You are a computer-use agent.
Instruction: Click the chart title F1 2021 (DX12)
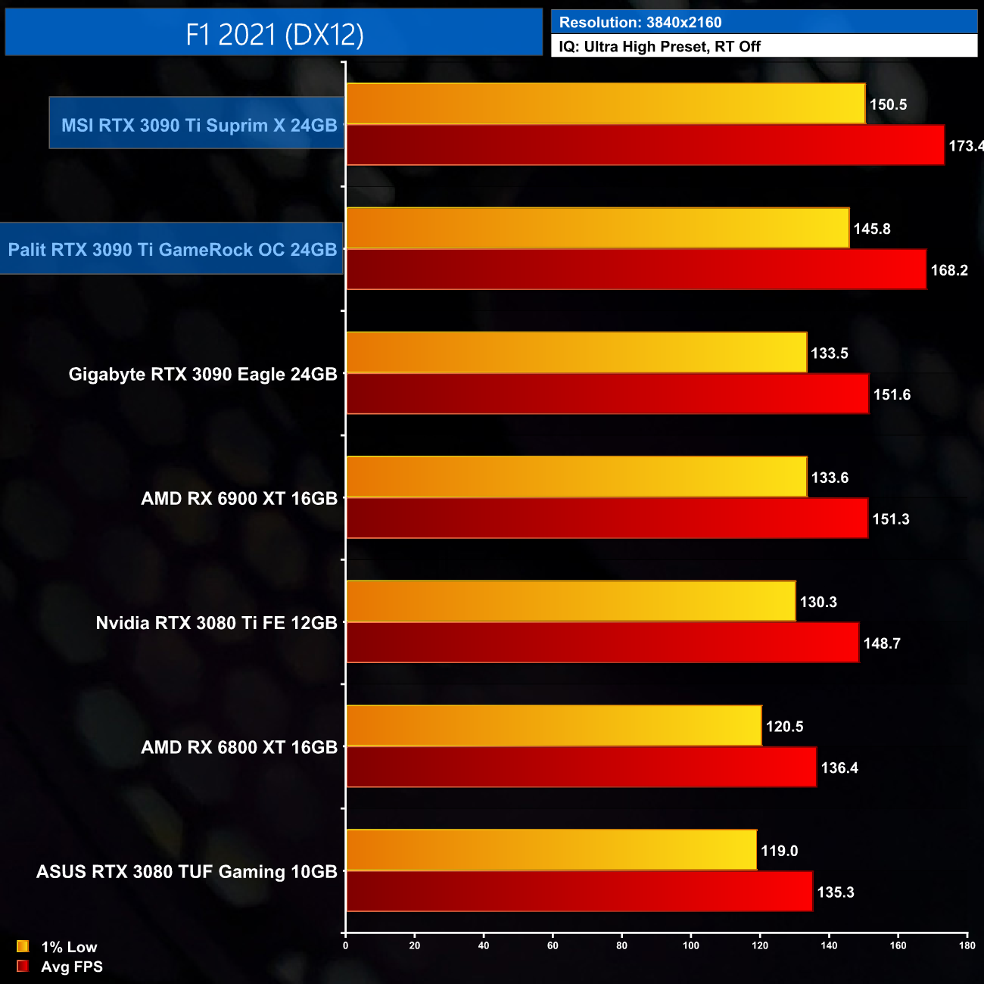274,35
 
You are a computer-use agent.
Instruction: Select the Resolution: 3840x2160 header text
640,23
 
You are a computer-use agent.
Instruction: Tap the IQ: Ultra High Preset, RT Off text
659,47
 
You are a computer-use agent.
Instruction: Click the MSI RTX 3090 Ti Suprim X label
199,126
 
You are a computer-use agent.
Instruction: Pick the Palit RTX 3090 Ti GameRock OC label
173,250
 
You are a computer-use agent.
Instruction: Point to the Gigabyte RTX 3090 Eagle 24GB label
203,374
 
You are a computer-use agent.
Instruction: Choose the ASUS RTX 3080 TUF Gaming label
187,872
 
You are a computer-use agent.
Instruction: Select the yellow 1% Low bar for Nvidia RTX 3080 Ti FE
571,601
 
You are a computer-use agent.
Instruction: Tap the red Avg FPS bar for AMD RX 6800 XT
581,767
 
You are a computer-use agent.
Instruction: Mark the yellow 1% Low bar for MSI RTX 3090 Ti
606,104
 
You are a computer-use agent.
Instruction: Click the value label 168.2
949,270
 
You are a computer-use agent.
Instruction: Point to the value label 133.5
830,353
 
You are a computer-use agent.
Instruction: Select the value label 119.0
780,851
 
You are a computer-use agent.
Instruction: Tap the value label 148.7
882,643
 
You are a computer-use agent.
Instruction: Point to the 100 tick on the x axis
691,945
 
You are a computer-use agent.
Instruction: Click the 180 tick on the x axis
967,945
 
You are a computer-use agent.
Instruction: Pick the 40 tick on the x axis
484,945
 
